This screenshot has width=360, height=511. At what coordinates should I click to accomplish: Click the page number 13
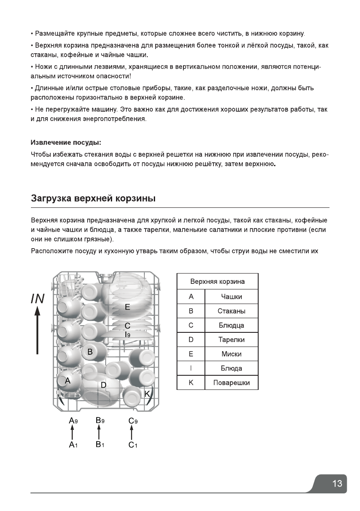click(x=337, y=484)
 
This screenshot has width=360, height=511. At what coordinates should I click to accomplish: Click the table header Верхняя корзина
click(x=217, y=282)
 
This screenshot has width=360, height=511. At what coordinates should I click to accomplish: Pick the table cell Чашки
click(x=232, y=297)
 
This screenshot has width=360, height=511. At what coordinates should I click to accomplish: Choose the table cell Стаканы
click(x=232, y=311)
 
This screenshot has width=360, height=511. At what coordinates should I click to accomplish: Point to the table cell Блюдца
click(x=232, y=325)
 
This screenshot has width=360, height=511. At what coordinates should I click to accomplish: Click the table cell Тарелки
click(x=232, y=340)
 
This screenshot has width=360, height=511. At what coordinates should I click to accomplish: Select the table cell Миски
click(x=232, y=354)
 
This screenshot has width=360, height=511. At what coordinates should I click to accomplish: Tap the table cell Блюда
click(x=232, y=368)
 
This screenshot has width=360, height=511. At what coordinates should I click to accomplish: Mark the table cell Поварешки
click(x=232, y=383)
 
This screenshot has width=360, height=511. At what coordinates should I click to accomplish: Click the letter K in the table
click(x=191, y=383)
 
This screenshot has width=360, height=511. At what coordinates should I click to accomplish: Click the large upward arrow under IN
click(x=38, y=333)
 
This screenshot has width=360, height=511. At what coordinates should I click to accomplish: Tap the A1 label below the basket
click(x=73, y=445)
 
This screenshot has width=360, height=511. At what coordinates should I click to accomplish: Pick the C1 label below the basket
click(x=133, y=445)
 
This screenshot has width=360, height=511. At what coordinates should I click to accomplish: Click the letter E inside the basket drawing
click(x=128, y=307)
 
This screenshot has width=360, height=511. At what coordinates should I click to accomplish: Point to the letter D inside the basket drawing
click(x=103, y=385)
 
